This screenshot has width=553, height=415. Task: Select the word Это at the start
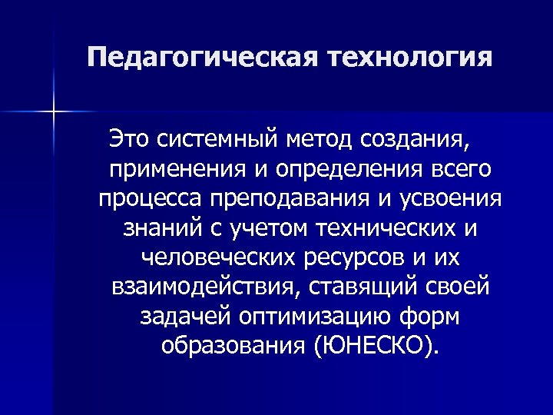[x=131, y=141]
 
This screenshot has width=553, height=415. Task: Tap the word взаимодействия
[x=197, y=287]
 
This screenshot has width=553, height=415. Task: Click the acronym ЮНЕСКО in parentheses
[x=366, y=345]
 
